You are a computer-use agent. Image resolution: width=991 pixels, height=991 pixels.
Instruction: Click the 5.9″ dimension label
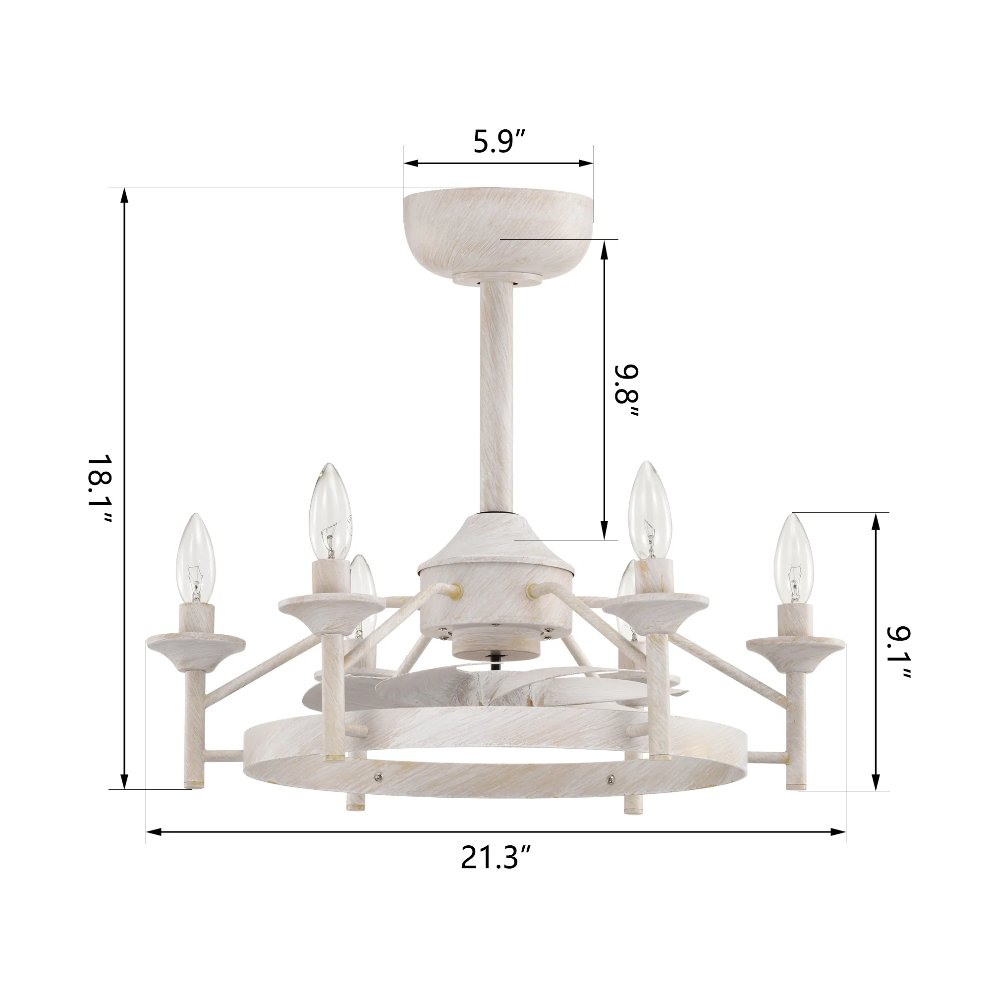499,142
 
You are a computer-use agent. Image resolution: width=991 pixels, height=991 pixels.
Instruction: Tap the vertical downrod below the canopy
497,396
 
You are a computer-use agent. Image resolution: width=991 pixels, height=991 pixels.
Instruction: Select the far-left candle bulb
196,558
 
